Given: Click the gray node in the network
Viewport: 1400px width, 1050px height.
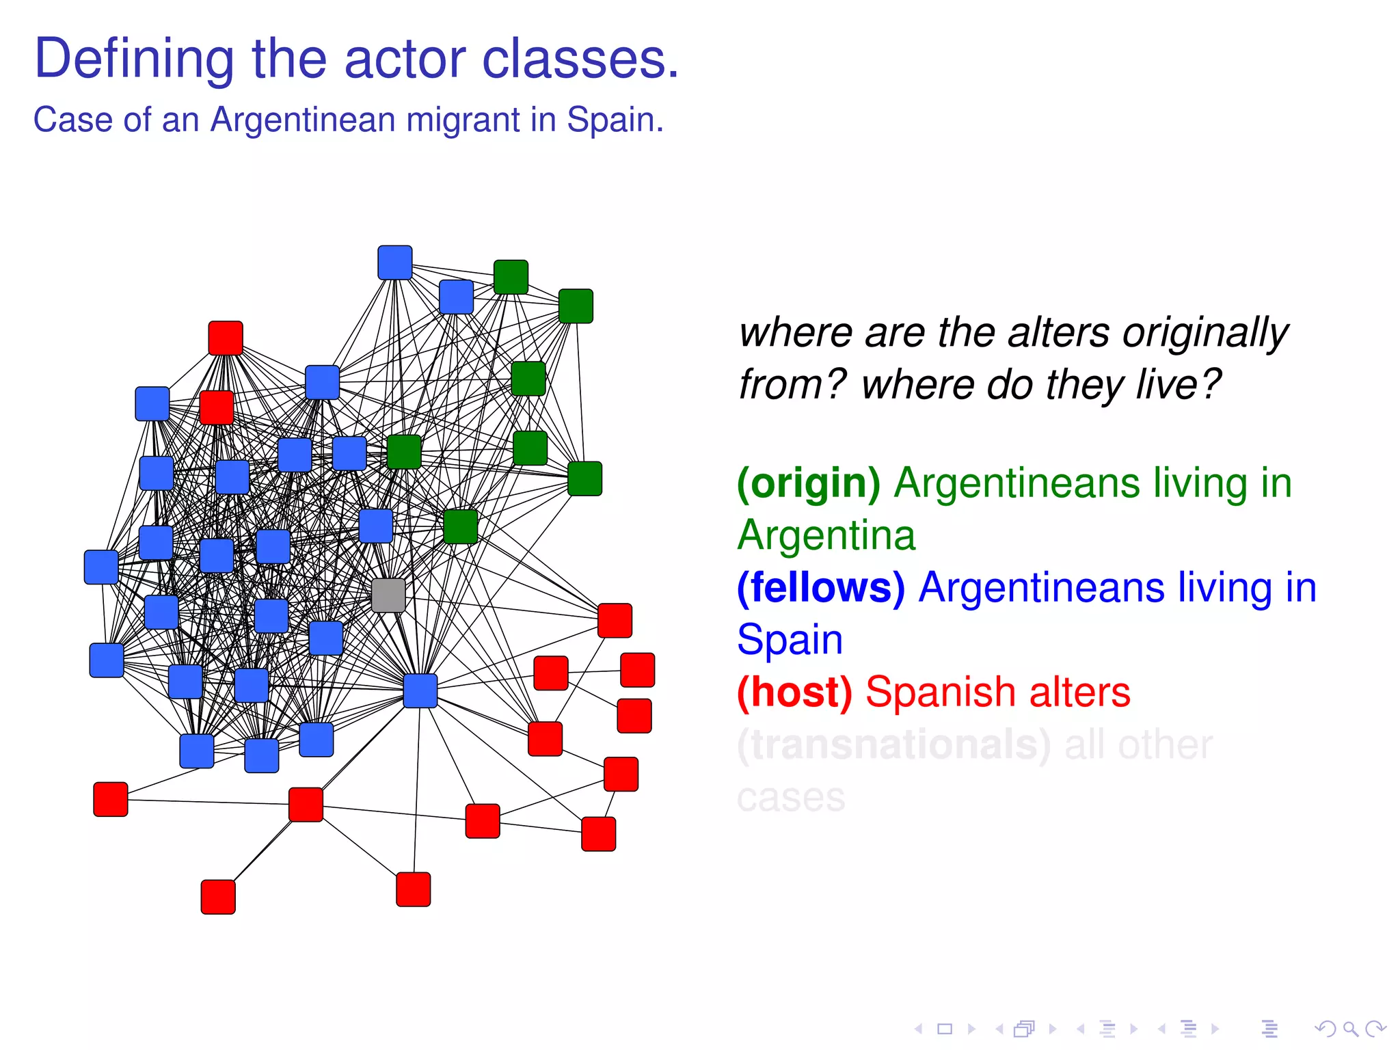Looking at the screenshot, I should (x=388, y=595).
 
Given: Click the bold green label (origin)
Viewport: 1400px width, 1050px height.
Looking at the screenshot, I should (x=809, y=483).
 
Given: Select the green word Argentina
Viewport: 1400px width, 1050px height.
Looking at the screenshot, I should (x=826, y=535).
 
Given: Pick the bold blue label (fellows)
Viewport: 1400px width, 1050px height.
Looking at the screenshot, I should (x=821, y=588).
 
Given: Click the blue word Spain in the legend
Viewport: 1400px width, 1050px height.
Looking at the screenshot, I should (x=790, y=640).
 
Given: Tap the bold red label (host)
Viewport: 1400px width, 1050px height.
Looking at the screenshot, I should (x=794, y=692).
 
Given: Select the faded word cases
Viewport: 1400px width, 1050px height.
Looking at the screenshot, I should (x=791, y=797).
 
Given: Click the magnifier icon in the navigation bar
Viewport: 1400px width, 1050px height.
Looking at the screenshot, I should (x=1350, y=1029).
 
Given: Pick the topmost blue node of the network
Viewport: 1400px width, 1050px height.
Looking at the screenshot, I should (x=395, y=262).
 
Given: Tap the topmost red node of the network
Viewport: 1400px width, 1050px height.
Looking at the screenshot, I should (x=226, y=338).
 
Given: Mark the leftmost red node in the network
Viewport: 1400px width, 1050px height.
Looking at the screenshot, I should (x=111, y=799).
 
